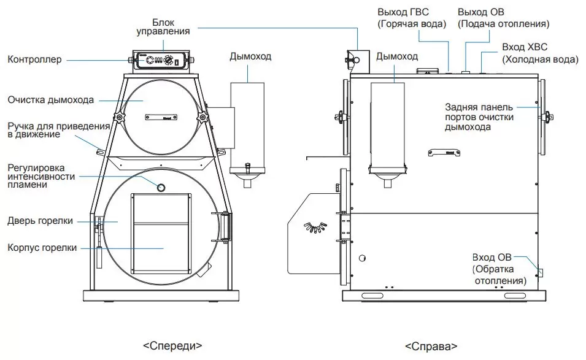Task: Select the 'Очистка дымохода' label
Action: click(50, 99)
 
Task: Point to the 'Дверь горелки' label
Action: click(40, 221)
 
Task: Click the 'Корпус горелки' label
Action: click(42, 248)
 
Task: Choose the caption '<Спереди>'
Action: click(173, 345)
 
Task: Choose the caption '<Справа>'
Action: click(431, 346)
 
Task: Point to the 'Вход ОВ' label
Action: click(492, 257)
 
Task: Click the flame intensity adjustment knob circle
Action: click(161, 188)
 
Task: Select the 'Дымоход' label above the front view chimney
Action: click(250, 56)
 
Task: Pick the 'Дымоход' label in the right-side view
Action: click(397, 56)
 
